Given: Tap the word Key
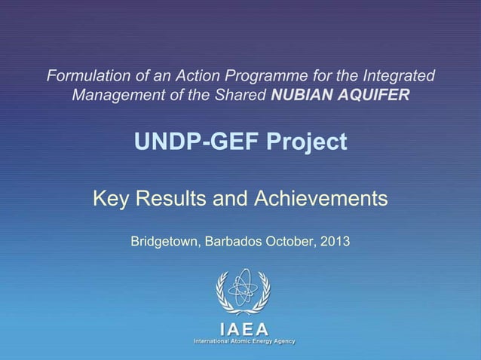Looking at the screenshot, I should pos(109,199).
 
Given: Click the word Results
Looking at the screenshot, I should pos(169,199).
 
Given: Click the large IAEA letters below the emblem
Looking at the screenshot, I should pos(243,328).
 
